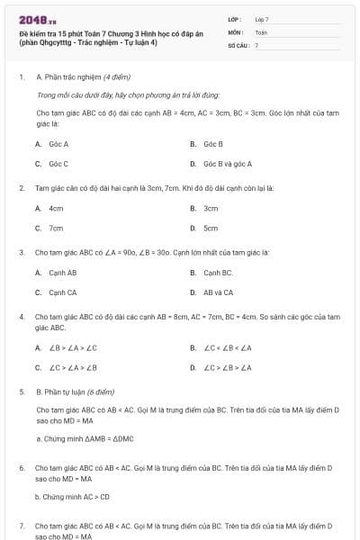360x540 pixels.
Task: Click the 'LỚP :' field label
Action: click(x=236, y=19)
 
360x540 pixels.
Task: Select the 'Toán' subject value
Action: click(x=261, y=31)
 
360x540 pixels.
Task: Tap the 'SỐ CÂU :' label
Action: click(x=238, y=44)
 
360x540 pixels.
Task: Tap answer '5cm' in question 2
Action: click(x=211, y=228)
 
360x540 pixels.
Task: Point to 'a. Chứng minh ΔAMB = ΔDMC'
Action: click(x=85, y=438)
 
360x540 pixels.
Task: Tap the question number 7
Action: click(x=22, y=525)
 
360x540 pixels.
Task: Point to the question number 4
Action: click(x=22, y=317)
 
